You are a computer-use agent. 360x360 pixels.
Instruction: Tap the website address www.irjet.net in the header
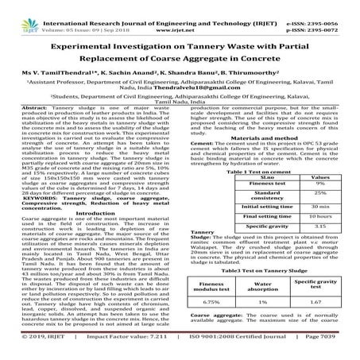point(179,14)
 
